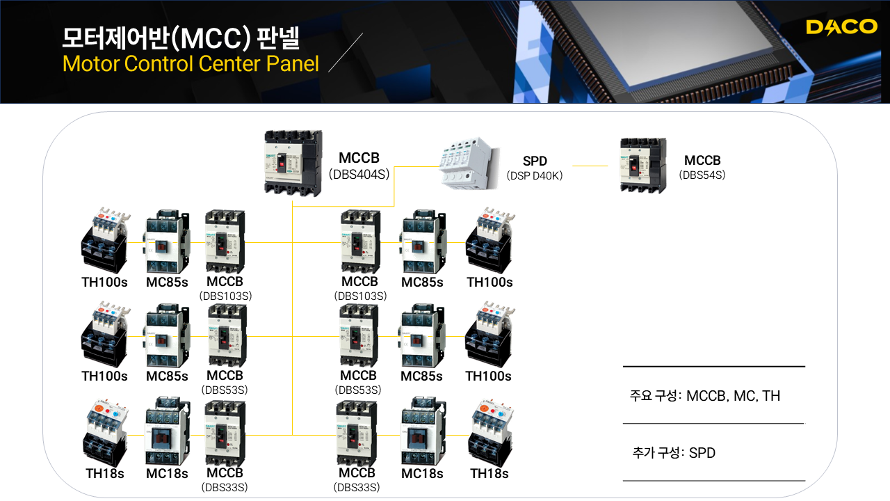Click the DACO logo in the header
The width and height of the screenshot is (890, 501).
pyautogui.click(x=841, y=27)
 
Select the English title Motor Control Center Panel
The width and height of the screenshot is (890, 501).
pyautogui.click(x=190, y=64)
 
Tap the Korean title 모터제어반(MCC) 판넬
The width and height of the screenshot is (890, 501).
pyautogui.click(x=181, y=38)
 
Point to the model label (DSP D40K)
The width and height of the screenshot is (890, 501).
pyautogui.click(x=535, y=176)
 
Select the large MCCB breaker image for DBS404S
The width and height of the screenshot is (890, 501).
pyautogui.click(x=294, y=165)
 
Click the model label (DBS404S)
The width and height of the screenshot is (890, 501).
pyautogui.click(x=359, y=174)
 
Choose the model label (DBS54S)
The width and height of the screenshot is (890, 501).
pyautogui.click(x=702, y=175)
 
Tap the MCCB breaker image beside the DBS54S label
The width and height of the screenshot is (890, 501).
pyautogui.click(x=643, y=165)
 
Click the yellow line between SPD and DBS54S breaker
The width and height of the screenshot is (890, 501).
pyautogui.click(x=590, y=166)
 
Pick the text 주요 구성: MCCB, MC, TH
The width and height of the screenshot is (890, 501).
pyautogui.click(x=705, y=396)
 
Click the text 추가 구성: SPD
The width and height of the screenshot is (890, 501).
pyautogui.click(x=674, y=453)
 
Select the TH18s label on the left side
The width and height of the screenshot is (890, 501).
pyautogui.click(x=104, y=474)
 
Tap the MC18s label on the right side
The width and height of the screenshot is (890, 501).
pyautogui.click(x=422, y=474)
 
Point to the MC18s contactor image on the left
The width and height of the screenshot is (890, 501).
pyautogui.click(x=167, y=431)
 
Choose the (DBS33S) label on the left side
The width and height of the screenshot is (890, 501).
pyautogui.click(x=225, y=487)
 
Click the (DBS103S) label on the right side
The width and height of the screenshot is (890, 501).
pyautogui.click(x=359, y=296)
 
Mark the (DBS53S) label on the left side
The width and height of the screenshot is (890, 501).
pyautogui.click(x=225, y=390)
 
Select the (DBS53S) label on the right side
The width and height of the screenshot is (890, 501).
pyautogui.click(x=358, y=390)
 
